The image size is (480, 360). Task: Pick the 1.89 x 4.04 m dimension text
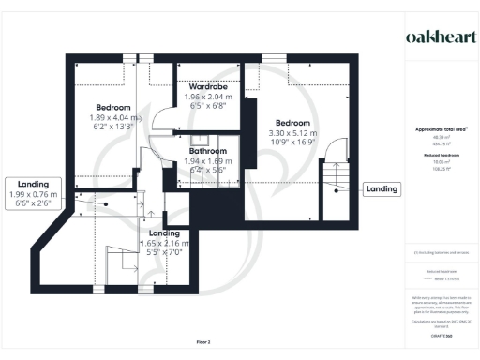pyautogui.click(x=112, y=118)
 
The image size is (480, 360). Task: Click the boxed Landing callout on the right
pyautogui.click(x=381, y=188)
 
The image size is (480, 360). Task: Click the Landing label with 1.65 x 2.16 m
pyautogui.click(x=165, y=232)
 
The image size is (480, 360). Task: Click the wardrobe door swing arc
pyautogui.click(x=161, y=116)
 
